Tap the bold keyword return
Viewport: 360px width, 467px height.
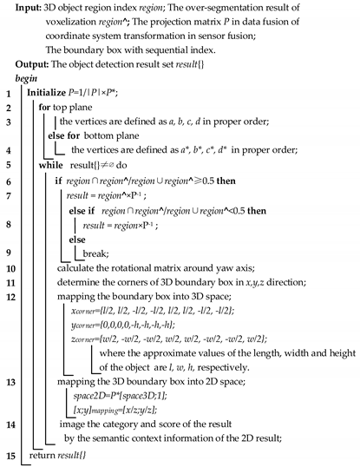click(x=44, y=455)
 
